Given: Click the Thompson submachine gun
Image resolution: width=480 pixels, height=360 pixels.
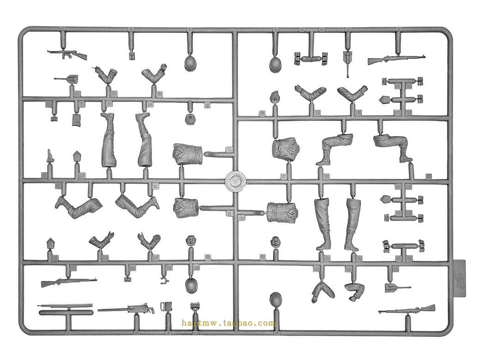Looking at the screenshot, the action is [x=67, y=54].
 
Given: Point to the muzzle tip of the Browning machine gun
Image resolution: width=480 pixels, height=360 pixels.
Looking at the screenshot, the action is [x=99, y=310].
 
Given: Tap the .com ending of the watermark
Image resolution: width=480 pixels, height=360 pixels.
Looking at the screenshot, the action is [x=267, y=323].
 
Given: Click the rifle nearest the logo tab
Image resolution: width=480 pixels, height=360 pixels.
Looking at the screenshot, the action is [x=407, y=310].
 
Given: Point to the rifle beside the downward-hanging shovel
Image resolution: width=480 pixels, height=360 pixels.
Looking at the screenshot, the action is [x=396, y=60].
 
